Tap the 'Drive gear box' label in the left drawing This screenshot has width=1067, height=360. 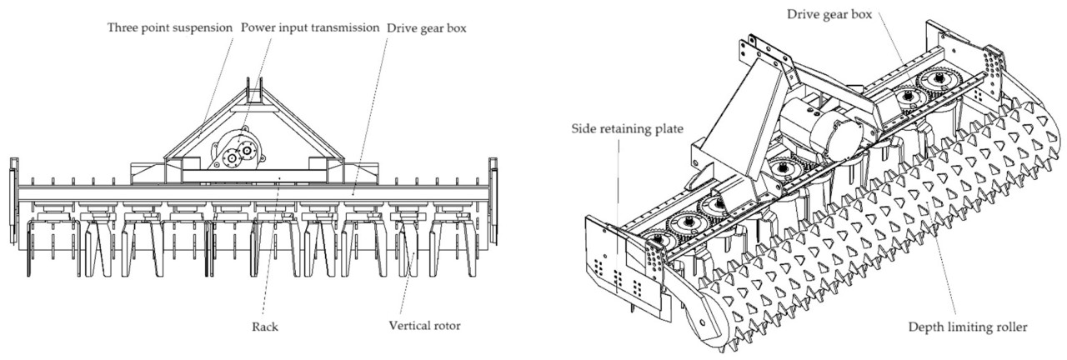(x=425, y=27)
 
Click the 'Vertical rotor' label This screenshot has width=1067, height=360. (x=426, y=325)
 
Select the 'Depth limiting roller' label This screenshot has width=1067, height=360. (x=967, y=327)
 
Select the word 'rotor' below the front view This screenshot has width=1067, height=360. (x=448, y=325)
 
